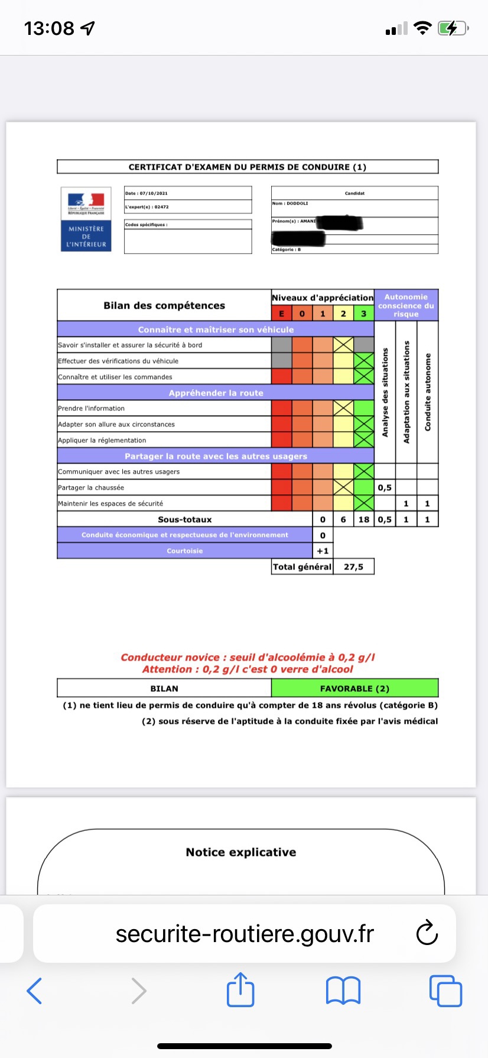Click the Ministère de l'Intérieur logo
click(86, 219)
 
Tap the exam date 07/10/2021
click(147, 193)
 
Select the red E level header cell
click(282, 313)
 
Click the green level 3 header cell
click(364, 313)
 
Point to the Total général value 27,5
click(353, 567)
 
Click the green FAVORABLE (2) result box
click(354, 688)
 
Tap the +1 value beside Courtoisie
click(323, 551)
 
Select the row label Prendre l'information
click(92, 408)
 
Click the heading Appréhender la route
click(216, 393)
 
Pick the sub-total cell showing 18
click(364, 519)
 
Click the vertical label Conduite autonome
click(428, 392)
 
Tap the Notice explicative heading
click(241, 852)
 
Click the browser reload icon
click(427, 933)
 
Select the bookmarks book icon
click(343, 990)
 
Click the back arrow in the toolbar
click(35, 990)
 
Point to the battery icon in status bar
click(452, 28)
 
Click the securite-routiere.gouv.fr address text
click(245, 934)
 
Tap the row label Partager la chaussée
click(91, 487)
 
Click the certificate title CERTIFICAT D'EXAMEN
click(248, 167)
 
